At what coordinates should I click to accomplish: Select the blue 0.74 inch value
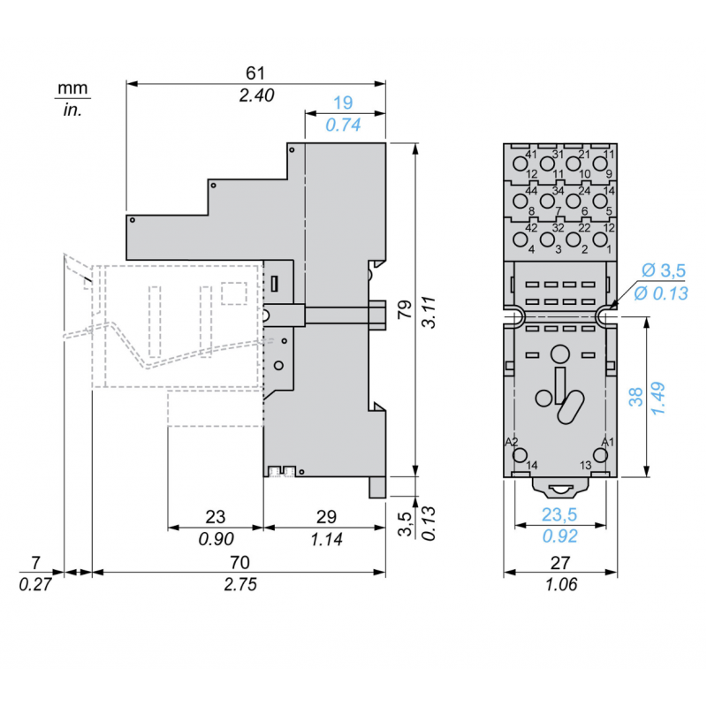(x=344, y=125)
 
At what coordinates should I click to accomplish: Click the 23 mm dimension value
(x=215, y=516)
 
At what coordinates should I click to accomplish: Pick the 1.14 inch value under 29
(x=325, y=537)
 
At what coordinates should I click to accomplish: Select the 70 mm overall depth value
(x=239, y=562)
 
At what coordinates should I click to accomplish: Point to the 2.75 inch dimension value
(x=239, y=584)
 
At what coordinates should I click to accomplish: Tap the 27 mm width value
(x=560, y=562)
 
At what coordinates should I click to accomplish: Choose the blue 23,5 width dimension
(x=560, y=516)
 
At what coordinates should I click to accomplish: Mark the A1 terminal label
(x=607, y=441)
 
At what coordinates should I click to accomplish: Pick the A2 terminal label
(x=511, y=441)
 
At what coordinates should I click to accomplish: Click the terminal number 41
(x=531, y=155)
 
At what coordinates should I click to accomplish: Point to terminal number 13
(x=585, y=466)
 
